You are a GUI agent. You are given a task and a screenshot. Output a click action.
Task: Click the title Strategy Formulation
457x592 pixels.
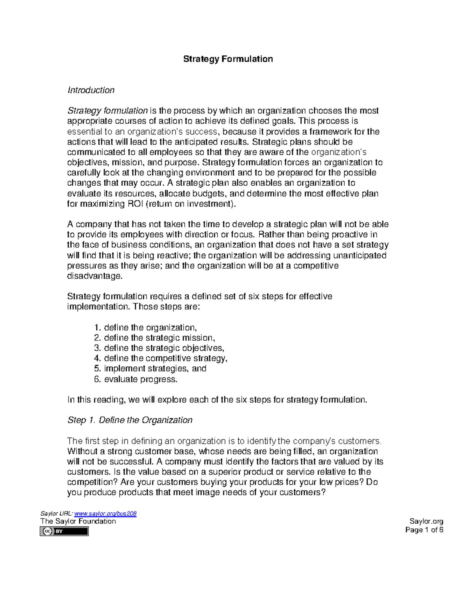point(228,59)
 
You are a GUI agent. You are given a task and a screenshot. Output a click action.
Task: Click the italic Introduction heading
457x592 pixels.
point(91,90)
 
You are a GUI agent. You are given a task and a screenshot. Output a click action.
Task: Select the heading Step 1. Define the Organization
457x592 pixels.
point(130,420)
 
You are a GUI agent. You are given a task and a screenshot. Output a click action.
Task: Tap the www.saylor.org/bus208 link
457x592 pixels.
point(105,513)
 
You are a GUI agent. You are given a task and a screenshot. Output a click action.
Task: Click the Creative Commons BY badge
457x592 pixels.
point(64,531)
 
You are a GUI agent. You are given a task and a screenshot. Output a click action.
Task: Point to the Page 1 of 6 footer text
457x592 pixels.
point(424,530)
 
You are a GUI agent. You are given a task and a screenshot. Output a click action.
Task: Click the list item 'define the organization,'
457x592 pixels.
point(150,327)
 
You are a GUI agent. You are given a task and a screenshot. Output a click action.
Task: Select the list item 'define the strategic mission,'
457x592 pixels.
point(159,338)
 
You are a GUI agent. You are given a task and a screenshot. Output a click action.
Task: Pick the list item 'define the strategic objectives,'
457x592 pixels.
point(164,348)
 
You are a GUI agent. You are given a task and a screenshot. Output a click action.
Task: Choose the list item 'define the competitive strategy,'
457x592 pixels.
point(165,358)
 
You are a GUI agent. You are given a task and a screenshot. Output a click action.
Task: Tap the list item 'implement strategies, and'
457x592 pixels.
point(155,369)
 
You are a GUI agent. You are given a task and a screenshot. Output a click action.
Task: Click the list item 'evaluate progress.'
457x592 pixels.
point(141,379)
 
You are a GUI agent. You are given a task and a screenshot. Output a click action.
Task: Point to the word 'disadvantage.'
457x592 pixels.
point(95,276)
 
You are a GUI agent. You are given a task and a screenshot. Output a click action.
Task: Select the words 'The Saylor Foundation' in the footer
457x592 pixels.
point(78,521)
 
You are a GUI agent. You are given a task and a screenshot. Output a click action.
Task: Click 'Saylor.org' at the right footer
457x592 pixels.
point(426,521)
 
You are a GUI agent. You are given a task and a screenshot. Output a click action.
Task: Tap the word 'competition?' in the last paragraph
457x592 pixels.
point(93,482)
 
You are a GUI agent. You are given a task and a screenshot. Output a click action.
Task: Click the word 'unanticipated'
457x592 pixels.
point(360,255)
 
